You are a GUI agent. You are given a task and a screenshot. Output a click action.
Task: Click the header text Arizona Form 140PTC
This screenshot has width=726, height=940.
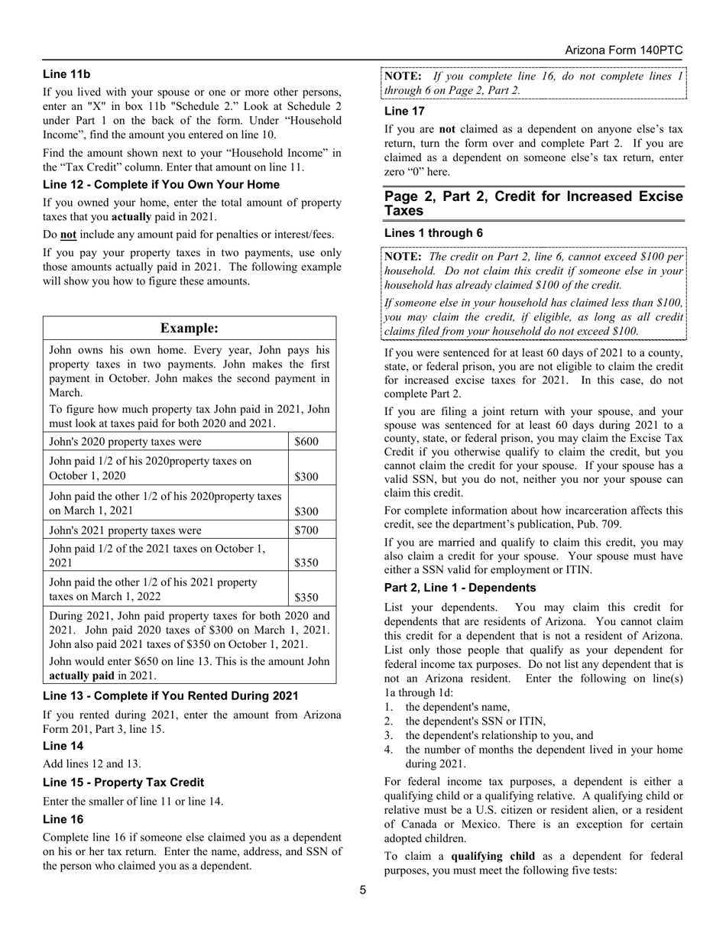624,50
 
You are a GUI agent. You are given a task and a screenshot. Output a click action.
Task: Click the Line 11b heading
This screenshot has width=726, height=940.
66,74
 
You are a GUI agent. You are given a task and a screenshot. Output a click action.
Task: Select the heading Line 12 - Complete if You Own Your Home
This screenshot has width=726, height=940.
161,184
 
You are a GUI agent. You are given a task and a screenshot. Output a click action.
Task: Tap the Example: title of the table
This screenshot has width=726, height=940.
190,328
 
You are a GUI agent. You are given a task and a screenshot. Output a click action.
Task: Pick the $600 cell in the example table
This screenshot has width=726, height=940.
306,442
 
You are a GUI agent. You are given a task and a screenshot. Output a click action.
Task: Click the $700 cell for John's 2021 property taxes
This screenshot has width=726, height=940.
306,530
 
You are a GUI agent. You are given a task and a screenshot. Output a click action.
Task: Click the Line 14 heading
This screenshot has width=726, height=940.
63,745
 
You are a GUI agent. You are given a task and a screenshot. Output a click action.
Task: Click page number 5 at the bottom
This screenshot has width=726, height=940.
363,890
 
